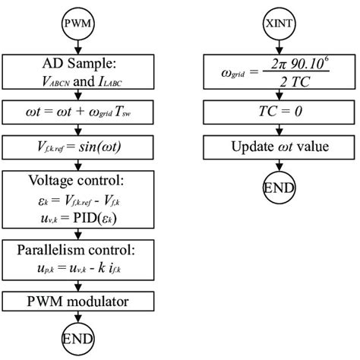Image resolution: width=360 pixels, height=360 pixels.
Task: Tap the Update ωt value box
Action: pyautogui.click(x=280, y=145)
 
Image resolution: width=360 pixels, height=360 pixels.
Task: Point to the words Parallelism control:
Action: pyautogui.click(x=79, y=251)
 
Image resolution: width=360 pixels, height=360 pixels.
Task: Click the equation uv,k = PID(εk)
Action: pyautogui.click(x=79, y=221)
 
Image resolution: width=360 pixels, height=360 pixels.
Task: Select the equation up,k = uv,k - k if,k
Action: pyautogui.click(x=79, y=270)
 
